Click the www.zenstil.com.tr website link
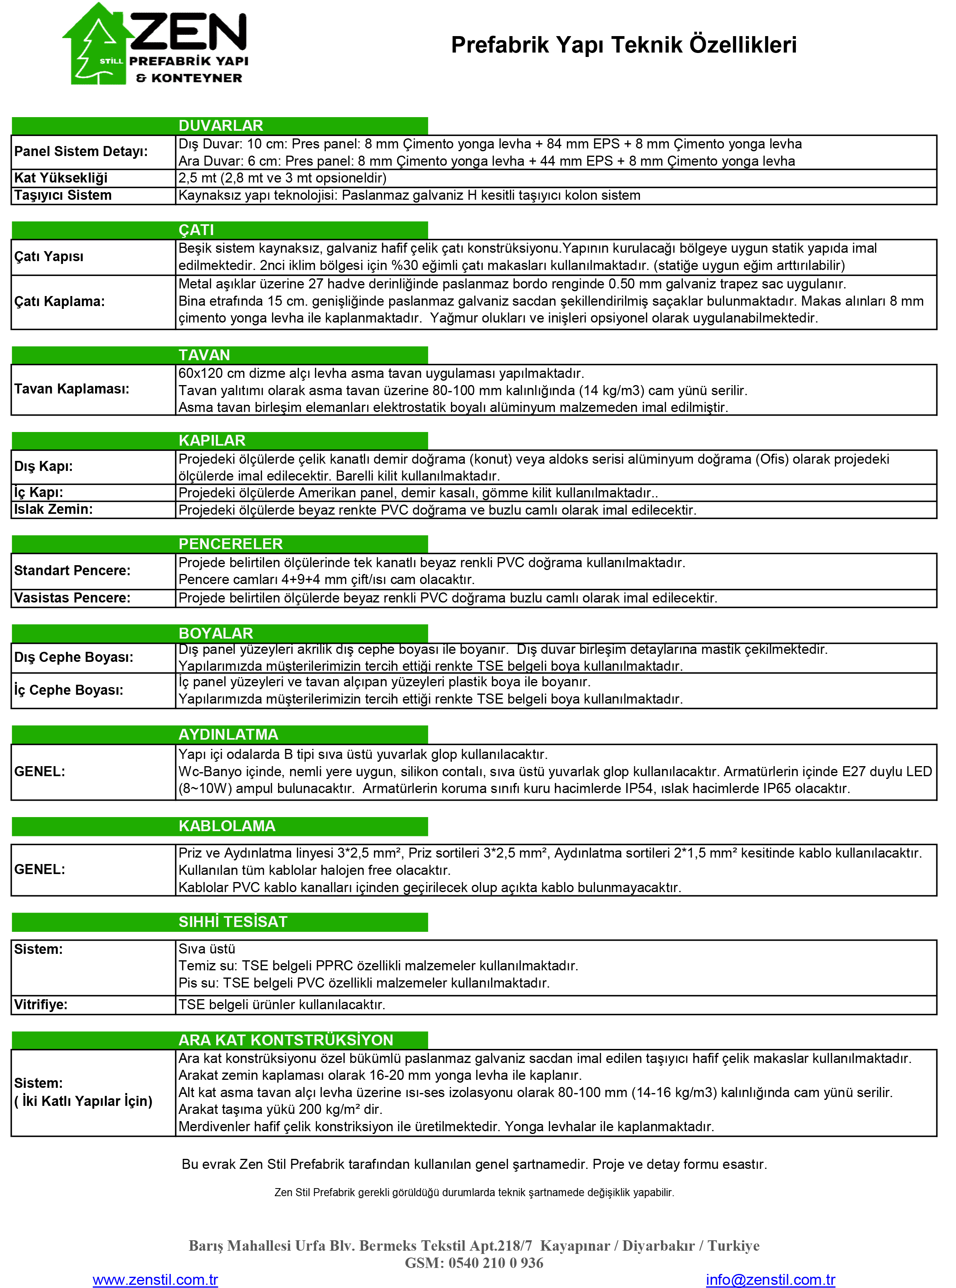coord(155,1279)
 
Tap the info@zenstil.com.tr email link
coord(770,1279)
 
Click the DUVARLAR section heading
coord(221,126)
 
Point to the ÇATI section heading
coord(196,230)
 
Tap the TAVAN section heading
coord(204,355)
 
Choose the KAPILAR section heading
coord(212,440)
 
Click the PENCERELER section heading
coord(230,544)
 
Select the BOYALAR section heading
coord(216,633)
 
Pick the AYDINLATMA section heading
coord(228,734)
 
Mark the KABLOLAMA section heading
coord(227,826)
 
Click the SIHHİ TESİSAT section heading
coord(233,922)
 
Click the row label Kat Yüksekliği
coord(61,178)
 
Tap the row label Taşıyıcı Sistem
coord(63,195)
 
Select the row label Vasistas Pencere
coord(72,598)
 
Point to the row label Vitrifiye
coord(41,1004)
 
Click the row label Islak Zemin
coord(53,509)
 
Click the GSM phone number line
coord(474,1263)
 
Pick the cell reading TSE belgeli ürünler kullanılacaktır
coord(282,1004)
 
